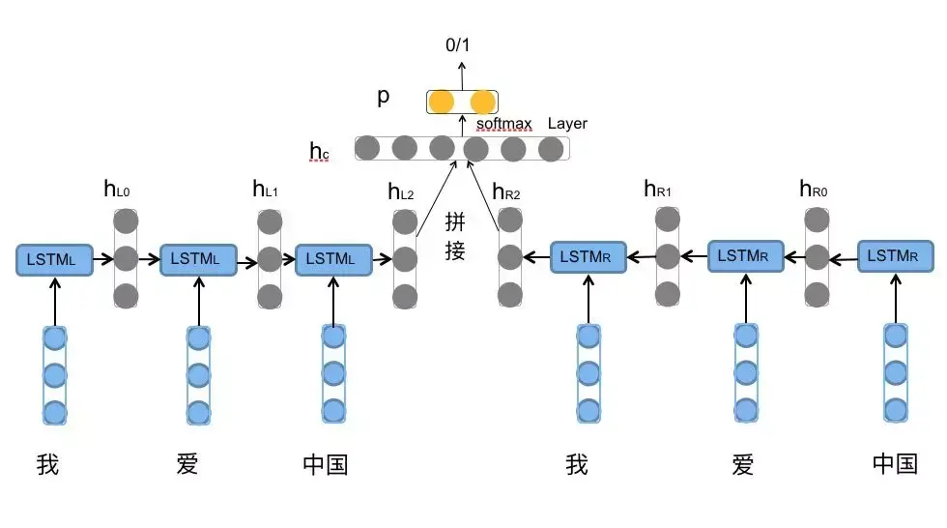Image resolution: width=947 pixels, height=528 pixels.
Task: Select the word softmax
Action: pos(503,125)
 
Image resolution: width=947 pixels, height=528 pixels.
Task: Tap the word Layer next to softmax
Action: pos(567,124)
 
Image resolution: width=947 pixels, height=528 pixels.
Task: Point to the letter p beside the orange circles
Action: pos(384,98)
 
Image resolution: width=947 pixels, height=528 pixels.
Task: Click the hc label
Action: pos(319,150)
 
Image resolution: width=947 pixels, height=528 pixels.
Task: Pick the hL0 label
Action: pos(116,190)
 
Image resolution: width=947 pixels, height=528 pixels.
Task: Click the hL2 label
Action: pos(400,192)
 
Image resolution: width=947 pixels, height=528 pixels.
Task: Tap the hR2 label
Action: pos(505,192)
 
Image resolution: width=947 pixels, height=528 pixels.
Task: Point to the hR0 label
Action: pos(813,190)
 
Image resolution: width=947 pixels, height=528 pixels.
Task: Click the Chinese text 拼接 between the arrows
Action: pos(455,237)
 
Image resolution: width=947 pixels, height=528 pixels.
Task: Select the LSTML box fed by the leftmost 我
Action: pos(54,259)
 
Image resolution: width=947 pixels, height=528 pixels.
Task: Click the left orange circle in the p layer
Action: pos(441,102)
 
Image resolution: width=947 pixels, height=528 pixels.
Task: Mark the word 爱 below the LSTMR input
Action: pos(742,465)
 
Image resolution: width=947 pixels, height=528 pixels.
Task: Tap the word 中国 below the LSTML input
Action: pos(325,465)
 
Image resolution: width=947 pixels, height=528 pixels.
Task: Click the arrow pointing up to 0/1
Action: pos(461,73)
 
